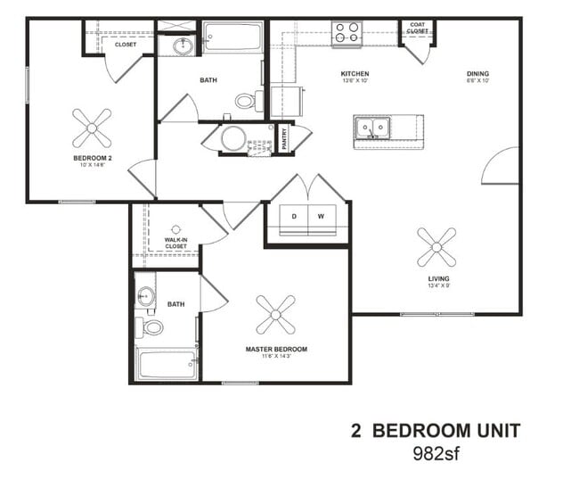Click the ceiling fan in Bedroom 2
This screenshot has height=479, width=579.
[92, 128]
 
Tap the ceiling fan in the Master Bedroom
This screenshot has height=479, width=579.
[276, 315]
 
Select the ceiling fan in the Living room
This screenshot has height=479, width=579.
[436, 246]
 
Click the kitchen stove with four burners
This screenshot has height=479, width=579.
[347, 33]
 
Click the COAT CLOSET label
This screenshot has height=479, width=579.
[417, 28]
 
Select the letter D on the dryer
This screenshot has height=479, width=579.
[293, 217]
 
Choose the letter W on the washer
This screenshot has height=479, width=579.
[321, 217]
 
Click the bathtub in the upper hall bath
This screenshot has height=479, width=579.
[232, 37]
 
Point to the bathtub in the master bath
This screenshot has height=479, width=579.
[167, 364]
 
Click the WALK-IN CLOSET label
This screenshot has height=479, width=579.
[175, 243]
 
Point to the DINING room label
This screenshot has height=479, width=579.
[477, 75]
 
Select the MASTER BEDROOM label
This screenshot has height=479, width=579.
[276, 349]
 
